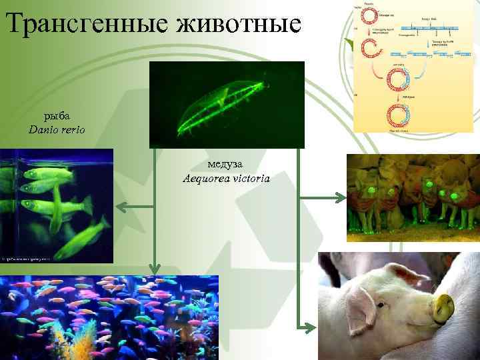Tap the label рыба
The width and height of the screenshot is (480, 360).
pyautogui.click(x=57, y=115)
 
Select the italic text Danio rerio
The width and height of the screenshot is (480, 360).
pyautogui.click(x=57, y=129)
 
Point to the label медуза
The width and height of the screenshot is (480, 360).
pyautogui.click(x=225, y=165)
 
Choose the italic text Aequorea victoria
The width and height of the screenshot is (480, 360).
pyautogui.click(x=226, y=178)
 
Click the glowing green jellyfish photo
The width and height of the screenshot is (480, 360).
pyautogui.click(x=227, y=104)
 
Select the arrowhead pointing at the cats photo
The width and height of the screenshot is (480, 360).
pyautogui.click(x=340, y=197)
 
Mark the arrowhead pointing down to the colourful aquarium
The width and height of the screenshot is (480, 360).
pyautogui.click(x=155, y=268)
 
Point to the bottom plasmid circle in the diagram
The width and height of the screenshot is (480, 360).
pyautogui.click(x=398, y=115)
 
